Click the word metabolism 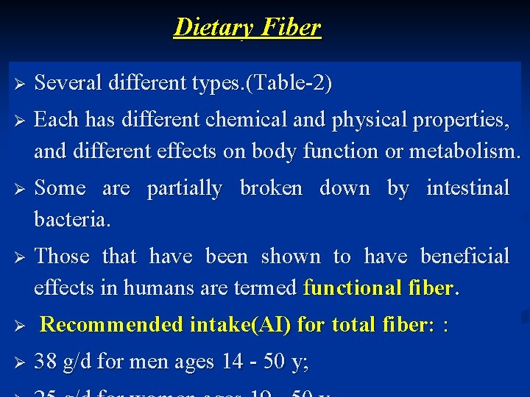(464, 151)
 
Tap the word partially (184, 188)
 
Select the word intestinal (468, 188)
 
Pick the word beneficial (464, 256)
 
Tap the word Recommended (111, 324)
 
